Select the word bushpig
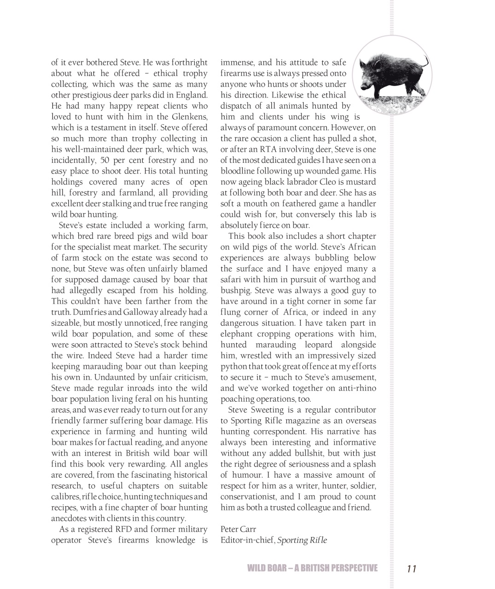235,291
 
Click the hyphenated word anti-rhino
357,388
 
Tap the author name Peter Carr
238,529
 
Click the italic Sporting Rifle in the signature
302,540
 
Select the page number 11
411,569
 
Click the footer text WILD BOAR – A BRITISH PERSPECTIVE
312,568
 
